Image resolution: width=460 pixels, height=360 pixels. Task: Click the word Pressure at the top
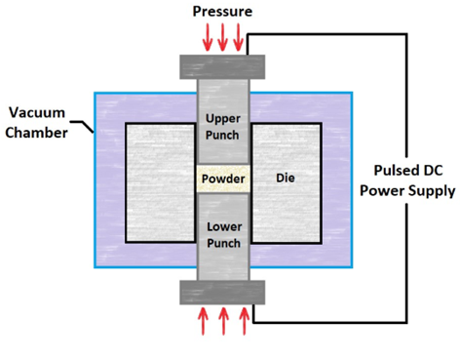pyautogui.click(x=222, y=12)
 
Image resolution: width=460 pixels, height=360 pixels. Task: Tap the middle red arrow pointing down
pyautogui.click(x=222, y=37)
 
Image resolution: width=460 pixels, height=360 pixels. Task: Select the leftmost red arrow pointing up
pyautogui.click(x=203, y=321)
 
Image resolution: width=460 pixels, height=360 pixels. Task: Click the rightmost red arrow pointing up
pyautogui.click(x=245, y=321)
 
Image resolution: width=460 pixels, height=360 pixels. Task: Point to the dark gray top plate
pyautogui.click(x=222, y=67)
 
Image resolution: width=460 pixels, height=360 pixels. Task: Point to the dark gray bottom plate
pyautogui.click(x=222, y=293)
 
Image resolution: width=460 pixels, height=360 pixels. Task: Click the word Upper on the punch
pyautogui.click(x=223, y=119)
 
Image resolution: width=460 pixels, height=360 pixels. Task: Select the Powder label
pyautogui.click(x=223, y=179)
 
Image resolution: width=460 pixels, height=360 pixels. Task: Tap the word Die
pyautogui.click(x=286, y=178)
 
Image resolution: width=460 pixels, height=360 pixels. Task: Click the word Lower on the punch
pyautogui.click(x=224, y=226)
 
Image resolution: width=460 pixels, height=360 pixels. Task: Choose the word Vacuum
pyautogui.click(x=37, y=112)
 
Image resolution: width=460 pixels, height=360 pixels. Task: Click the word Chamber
pyautogui.click(x=36, y=133)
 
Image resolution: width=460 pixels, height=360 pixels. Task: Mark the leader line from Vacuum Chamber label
pyautogui.click(x=83, y=126)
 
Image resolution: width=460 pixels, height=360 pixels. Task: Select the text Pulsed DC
pyautogui.click(x=408, y=171)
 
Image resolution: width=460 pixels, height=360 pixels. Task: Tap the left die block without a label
pyautogui.click(x=161, y=182)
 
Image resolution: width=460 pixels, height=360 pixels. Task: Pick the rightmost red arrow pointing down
pyautogui.click(x=238, y=37)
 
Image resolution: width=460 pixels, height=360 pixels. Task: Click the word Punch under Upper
pyautogui.click(x=222, y=135)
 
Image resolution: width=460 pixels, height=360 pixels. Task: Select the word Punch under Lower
pyautogui.click(x=224, y=243)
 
